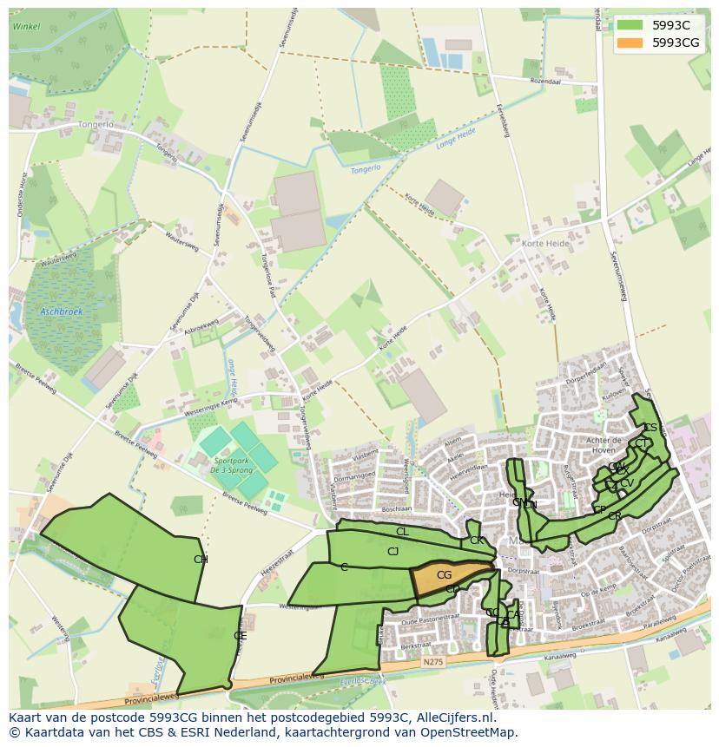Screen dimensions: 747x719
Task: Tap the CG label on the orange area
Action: click(444, 575)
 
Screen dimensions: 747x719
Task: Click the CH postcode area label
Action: click(201, 560)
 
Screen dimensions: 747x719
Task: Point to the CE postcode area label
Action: click(240, 635)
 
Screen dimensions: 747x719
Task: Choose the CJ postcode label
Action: click(392, 552)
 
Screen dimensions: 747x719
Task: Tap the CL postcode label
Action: click(401, 532)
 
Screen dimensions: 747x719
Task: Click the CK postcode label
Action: click(476, 541)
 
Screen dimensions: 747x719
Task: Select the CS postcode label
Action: click(650, 428)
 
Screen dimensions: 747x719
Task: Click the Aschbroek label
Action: click(60, 311)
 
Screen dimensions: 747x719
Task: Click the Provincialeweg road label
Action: click(152, 699)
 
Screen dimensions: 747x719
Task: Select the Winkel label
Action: click(27, 27)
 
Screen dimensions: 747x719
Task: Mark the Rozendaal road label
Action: click(552, 82)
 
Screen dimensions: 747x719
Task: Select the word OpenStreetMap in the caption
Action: click(475, 732)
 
